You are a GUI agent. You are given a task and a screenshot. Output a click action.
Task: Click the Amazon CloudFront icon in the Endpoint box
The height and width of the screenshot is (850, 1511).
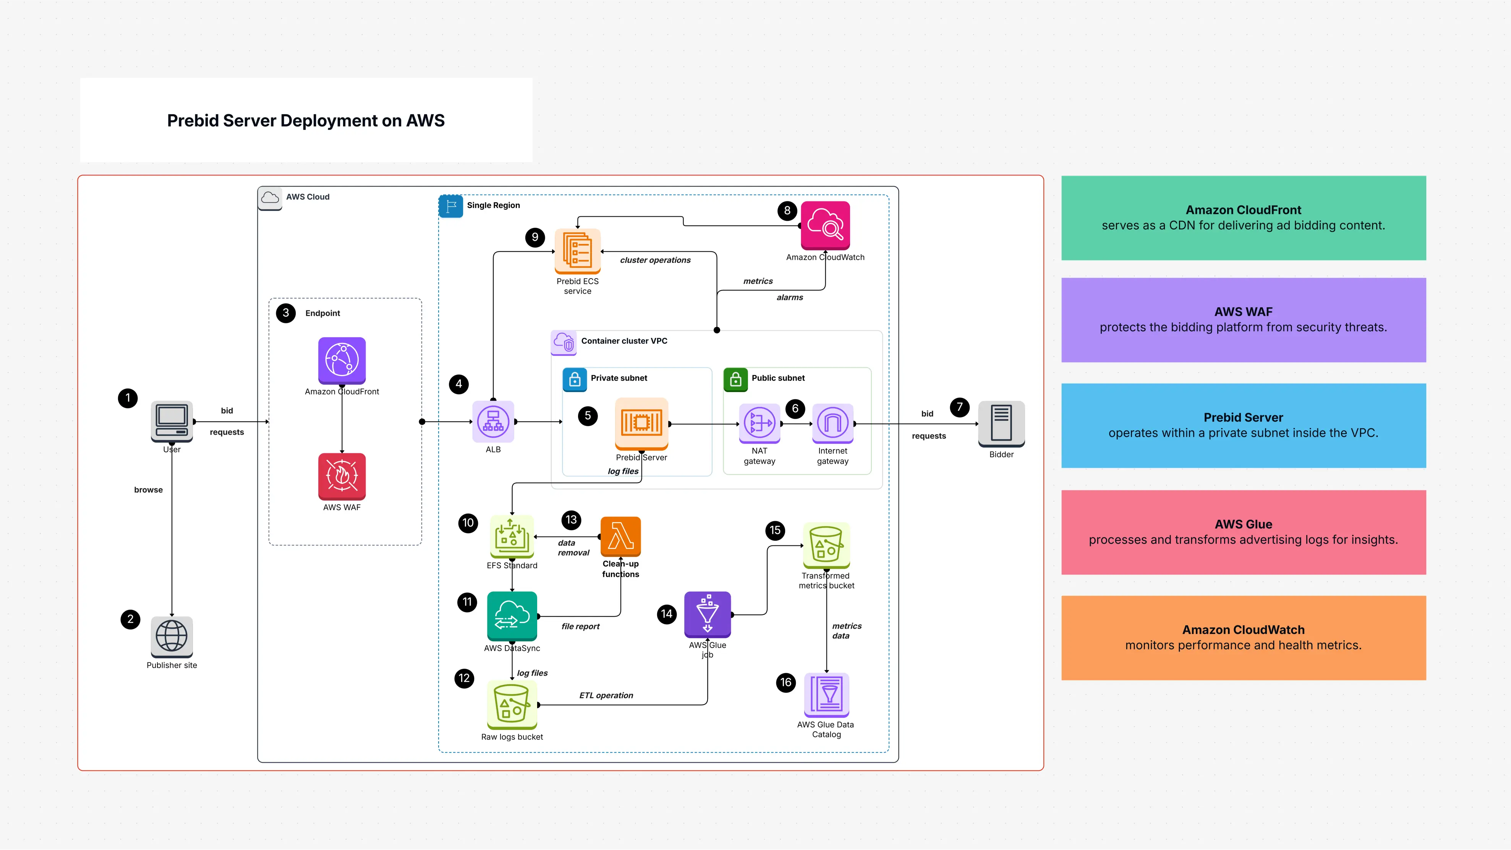tap(342, 360)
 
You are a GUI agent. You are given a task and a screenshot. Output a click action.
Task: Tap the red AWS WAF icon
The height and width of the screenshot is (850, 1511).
tap(342, 476)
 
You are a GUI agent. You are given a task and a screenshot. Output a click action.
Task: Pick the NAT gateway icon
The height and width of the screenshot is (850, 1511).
tap(760, 422)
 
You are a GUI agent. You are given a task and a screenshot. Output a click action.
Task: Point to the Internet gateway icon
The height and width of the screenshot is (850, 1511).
tap(832, 422)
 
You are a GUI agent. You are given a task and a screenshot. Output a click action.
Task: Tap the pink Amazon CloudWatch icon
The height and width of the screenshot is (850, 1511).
tap(825, 225)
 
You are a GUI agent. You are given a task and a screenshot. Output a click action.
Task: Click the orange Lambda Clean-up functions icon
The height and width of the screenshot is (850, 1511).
tap(620, 536)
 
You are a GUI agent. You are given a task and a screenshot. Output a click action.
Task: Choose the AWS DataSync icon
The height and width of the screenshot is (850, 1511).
tap(512, 616)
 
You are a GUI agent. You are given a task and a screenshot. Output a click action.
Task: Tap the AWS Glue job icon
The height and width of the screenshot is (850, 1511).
tap(708, 614)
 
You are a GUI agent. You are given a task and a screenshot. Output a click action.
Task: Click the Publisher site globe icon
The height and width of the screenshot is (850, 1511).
tap(172, 636)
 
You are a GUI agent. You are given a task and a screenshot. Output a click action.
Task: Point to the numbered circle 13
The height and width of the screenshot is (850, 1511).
tap(571, 520)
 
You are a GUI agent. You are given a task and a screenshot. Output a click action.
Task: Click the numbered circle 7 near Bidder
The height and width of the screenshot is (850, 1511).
tap(960, 407)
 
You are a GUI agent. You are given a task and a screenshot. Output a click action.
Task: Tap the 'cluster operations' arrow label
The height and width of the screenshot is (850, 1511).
tap(655, 260)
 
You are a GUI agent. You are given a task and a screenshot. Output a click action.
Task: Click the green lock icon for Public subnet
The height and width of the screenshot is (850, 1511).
tap(735, 380)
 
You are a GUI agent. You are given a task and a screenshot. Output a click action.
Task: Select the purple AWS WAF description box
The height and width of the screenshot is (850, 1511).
tap(1244, 320)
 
